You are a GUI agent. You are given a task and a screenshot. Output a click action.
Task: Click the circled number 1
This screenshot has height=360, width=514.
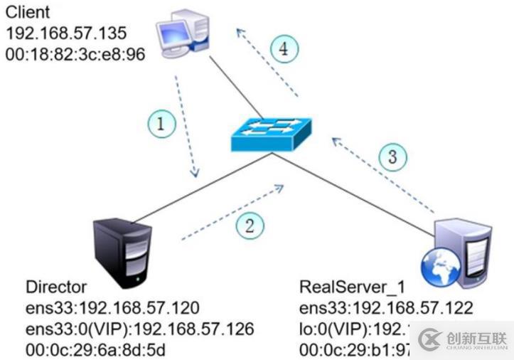click(x=161, y=125)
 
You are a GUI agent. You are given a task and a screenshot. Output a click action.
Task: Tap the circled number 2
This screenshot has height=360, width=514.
click(x=250, y=226)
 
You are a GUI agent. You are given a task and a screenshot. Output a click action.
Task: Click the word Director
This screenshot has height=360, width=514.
click(x=56, y=287)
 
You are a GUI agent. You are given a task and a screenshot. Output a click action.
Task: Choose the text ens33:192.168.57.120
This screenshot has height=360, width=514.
click(x=112, y=307)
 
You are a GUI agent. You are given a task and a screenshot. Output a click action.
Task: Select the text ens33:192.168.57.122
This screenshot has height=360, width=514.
click(x=387, y=307)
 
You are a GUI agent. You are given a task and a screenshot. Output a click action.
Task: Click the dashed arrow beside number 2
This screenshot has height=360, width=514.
click(x=232, y=210)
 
